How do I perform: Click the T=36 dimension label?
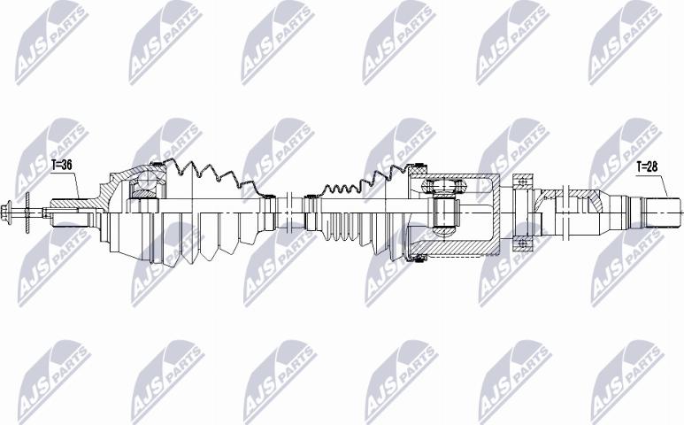tap(63, 165)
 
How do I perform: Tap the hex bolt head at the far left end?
tap(12, 211)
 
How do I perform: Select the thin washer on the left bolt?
tap(27, 211)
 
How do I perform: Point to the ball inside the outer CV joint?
tap(143, 187)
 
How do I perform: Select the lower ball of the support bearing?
tap(523, 242)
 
